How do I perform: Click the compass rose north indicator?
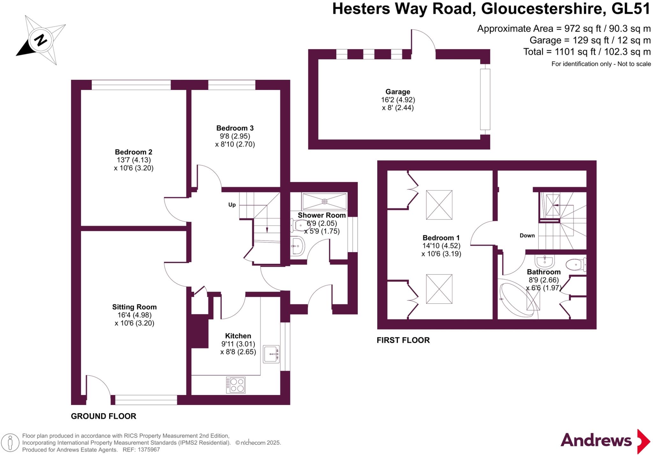[41, 40]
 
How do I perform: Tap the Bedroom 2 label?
[134, 152]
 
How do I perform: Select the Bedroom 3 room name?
[235, 128]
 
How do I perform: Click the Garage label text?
[398, 92]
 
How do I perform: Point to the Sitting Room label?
[134, 307]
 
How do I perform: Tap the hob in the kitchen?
[236, 385]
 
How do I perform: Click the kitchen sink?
[271, 354]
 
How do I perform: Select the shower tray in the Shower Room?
[324, 201]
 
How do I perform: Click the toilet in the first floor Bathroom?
[576, 265]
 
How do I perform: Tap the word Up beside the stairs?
[232, 205]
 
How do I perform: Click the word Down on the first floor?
[527, 235]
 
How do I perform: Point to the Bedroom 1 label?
[441, 238]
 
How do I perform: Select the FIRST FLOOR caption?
[403, 340]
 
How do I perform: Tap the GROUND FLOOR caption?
[104, 416]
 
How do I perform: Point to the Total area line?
[587, 52]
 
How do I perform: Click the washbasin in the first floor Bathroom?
[545, 262]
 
